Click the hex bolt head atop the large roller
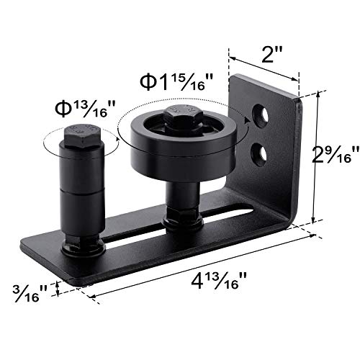(179, 115)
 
